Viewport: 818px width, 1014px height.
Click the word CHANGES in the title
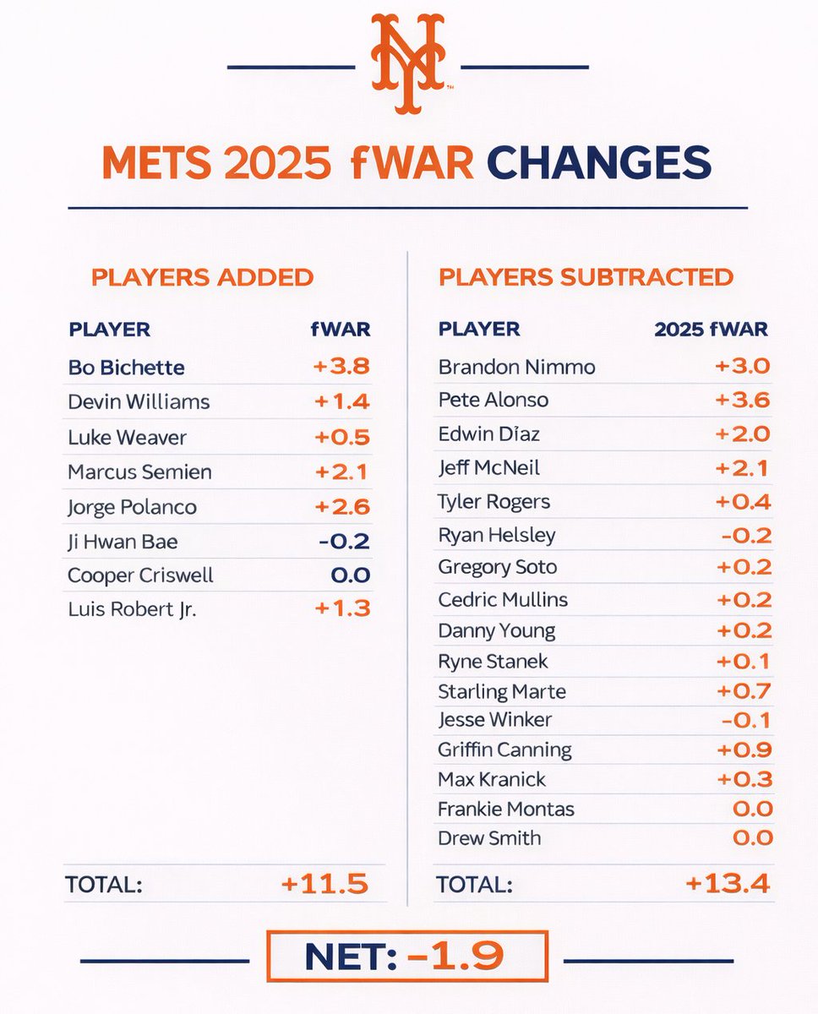(598, 162)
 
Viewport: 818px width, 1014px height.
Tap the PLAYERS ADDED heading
(202, 278)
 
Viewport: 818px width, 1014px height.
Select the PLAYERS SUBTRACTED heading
(586, 277)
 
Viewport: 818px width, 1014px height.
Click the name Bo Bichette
(127, 368)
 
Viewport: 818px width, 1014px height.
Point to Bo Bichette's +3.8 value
(341, 367)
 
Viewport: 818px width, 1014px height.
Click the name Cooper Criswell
(141, 575)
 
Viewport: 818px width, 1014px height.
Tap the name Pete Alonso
(494, 400)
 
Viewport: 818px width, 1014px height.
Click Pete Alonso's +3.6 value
(742, 400)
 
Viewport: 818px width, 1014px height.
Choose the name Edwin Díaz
(488, 433)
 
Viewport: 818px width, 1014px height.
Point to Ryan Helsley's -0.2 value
(744, 535)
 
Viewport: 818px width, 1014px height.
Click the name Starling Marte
(502, 692)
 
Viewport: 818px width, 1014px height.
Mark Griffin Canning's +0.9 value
(744, 749)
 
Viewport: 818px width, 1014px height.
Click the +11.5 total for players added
(324, 885)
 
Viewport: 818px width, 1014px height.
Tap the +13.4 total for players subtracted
(728, 885)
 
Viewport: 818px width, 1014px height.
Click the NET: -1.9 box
(407, 957)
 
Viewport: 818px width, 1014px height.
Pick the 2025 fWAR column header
(711, 330)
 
